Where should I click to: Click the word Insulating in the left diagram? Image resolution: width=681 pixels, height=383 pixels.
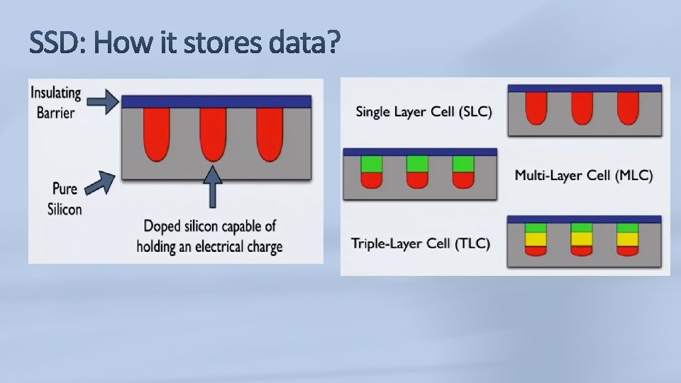pyautogui.click(x=55, y=94)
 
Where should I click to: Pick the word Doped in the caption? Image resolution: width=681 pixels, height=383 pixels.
pyautogui.click(x=162, y=228)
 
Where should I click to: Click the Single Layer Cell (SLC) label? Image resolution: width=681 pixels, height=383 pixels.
pyautogui.click(x=423, y=112)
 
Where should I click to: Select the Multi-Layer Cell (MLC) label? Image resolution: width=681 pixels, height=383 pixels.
pyautogui.click(x=584, y=175)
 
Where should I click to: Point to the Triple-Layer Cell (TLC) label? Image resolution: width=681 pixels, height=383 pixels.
pyautogui.click(x=421, y=244)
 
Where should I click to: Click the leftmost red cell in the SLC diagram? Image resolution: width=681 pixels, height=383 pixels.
pyautogui.click(x=538, y=109)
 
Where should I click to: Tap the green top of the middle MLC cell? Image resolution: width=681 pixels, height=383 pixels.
pyautogui.click(x=418, y=164)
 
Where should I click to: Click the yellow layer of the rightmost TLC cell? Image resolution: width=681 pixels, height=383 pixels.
pyautogui.click(x=627, y=238)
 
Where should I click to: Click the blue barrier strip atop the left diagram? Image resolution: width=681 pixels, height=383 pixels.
pyautogui.click(x=216, y=101)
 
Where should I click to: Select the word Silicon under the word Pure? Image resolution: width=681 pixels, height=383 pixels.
pyautogui.click(x=65, y=209)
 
